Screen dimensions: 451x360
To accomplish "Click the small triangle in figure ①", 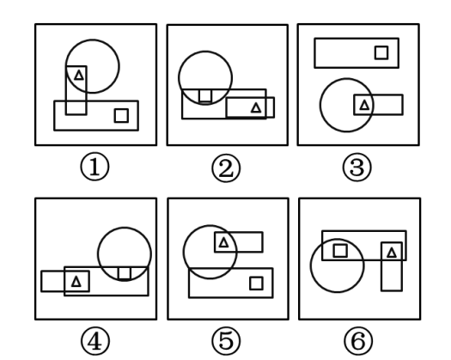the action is coord(79,76).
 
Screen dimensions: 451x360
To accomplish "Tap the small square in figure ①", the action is coord(121,115).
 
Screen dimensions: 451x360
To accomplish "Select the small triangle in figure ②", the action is coord(256,108).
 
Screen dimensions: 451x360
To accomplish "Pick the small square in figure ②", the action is coord(205,95).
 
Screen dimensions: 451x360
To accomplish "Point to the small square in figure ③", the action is coord(381,52).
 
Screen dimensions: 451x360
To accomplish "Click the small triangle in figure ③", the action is coord(364,105).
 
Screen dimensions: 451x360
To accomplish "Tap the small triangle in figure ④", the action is coord(76,281).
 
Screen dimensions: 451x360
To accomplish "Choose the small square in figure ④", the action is coord(125,273).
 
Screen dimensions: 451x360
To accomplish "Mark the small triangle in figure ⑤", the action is coord(223,242).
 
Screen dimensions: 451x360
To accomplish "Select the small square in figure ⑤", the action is coord(256,284).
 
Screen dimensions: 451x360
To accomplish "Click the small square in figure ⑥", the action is coord(340,251).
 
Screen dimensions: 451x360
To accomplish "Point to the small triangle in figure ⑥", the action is coord(392,253).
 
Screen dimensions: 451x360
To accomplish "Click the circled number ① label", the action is coord(94,167).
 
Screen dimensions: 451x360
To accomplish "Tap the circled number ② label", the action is coord(226,168).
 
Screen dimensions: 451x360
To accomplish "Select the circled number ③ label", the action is coord(357,168).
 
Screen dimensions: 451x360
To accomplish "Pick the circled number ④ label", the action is coord(95,341).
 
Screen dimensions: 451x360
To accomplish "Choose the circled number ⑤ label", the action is coord(226,341).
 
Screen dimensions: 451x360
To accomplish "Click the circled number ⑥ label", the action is coord(358,341).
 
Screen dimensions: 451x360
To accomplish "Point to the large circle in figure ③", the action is coord(320,105).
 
